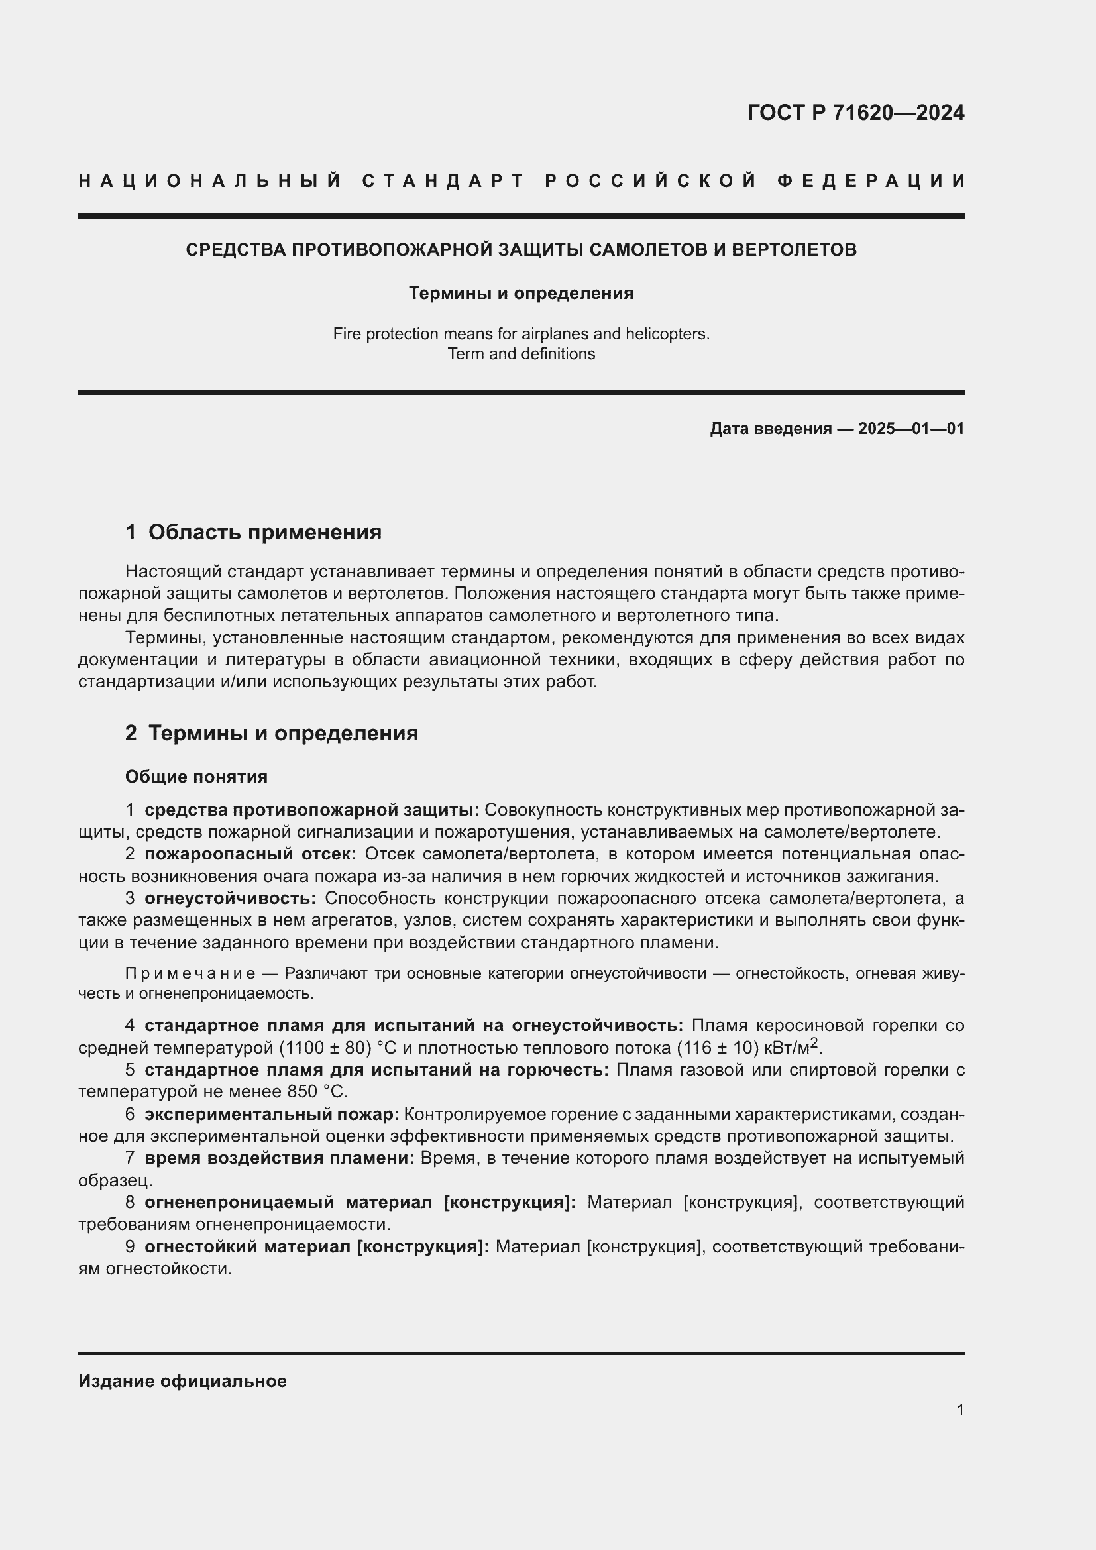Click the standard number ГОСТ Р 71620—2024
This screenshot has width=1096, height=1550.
(x=855, y=113)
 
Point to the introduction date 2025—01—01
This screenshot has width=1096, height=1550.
(x=911, y=429)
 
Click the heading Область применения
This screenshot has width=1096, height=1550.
(x=264, y=532)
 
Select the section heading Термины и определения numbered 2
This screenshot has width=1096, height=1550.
(x=283, y=733)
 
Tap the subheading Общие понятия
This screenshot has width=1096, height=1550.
(x=196, y=777)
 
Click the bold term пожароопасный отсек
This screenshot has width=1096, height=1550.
(x=250, y=854)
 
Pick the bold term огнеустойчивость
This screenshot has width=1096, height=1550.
(x=230, y=899)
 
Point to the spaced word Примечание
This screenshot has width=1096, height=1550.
(x=190, y=973)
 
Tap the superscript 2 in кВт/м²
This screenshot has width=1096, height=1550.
(x=814, y=1043)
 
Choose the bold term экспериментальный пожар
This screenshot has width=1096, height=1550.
(x=272, y=1114)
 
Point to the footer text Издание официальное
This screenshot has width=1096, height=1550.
(x=182, y=1381)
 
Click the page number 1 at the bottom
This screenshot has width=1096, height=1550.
(x=960, y=1410)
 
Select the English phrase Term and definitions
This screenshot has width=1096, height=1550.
(x=521, y=354)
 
